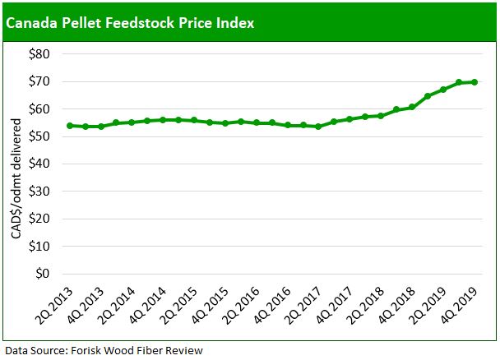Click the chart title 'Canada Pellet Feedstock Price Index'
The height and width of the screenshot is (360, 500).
[130, 22]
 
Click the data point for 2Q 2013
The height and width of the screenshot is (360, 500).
[69, 126]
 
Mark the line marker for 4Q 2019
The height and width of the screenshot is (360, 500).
[475, 82]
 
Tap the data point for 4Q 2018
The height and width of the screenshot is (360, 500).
[411, 107]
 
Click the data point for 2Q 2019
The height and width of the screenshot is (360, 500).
[443, 90]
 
